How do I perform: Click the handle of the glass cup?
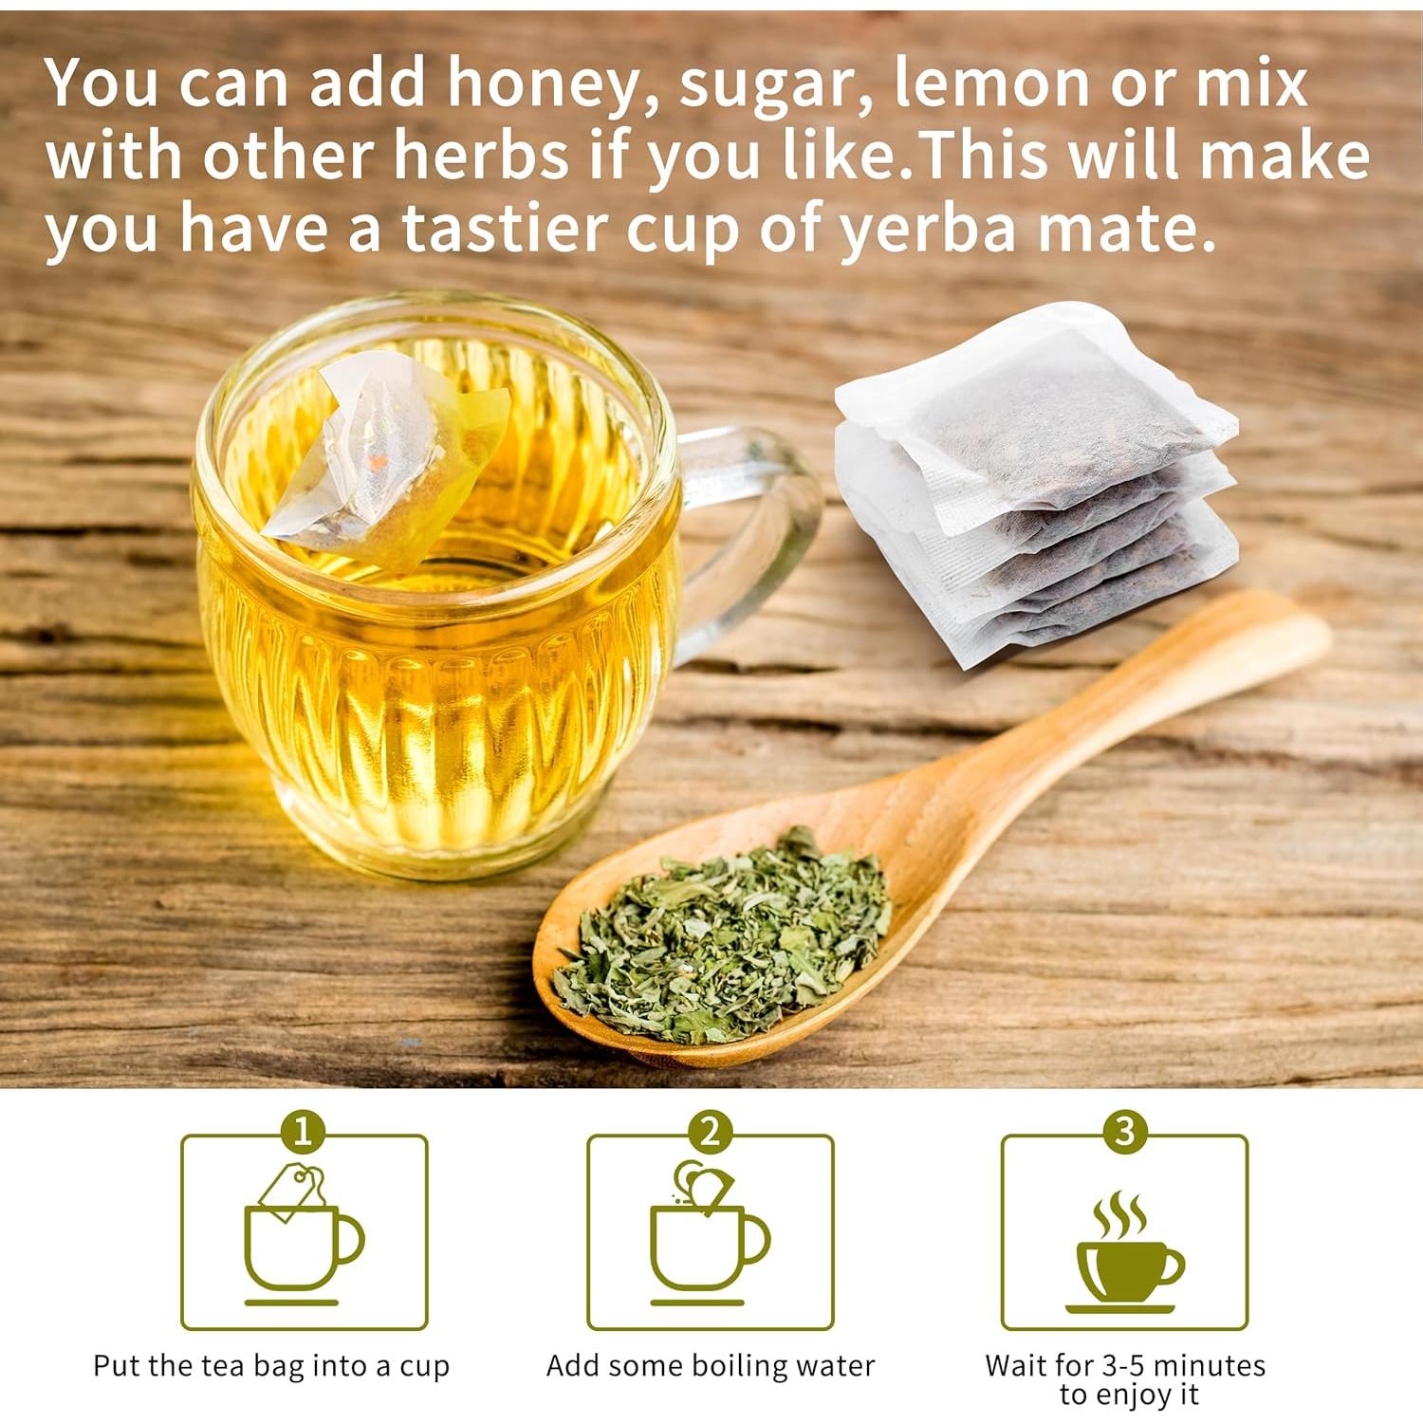[x=759, y=531]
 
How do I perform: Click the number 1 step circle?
[x=304, y=1132]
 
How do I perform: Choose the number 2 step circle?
[x=710, y=1132]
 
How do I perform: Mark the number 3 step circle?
[x=1125, y=1132]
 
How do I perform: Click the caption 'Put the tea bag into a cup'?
[x=271, y=1366]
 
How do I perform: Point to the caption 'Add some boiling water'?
[x=710, y=1366]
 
